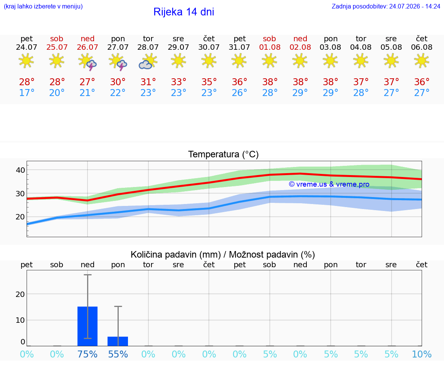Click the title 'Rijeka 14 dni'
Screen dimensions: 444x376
pyautogui.click(x=183, y=12)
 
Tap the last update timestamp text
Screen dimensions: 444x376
pyautogui.click(x=386, y=6)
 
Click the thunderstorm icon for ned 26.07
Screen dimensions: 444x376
pyautogui.click(x=87, y=62)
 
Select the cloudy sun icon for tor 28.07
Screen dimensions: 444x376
pyautogui.click(x=148, y=62)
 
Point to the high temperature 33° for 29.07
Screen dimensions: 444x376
pyautogui.click(x=178, y=82)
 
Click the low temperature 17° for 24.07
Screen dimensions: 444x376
pyautogui.click(x=27, y=93)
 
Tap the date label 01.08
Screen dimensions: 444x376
pyautogui.click(x=269, y=47)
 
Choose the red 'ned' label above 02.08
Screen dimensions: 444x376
pyautogui.click(x=300, y=39)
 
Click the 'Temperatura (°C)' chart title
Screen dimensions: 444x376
pyautogui.click(x=224, y=154)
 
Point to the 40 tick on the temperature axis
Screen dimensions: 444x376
pyautogui.click(x=20, y=170)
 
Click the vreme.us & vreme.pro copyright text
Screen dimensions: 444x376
pyautogui.click(x=329, y=184)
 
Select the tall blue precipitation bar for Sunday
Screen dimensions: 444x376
pyautogui.click(x=87, y=326)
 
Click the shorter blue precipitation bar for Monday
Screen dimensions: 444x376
pyautogui.click(x=118, y=341)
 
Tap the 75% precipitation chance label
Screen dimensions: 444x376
pyautogui.click(x=87, y=354)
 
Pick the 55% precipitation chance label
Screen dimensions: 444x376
pyautogui.click(x=118, y=354)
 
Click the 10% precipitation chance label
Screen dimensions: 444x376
pyautogui.click(x=422, y=354)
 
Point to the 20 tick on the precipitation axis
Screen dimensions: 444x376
pyautogui.click(x=20, y=294)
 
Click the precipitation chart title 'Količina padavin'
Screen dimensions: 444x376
pyautogui.click(x=176, y=255)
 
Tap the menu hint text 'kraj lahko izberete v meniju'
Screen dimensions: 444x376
pyautogui.click(x=43, y=6)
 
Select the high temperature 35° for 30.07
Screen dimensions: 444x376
pyautogui.click(x=209, y=82)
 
